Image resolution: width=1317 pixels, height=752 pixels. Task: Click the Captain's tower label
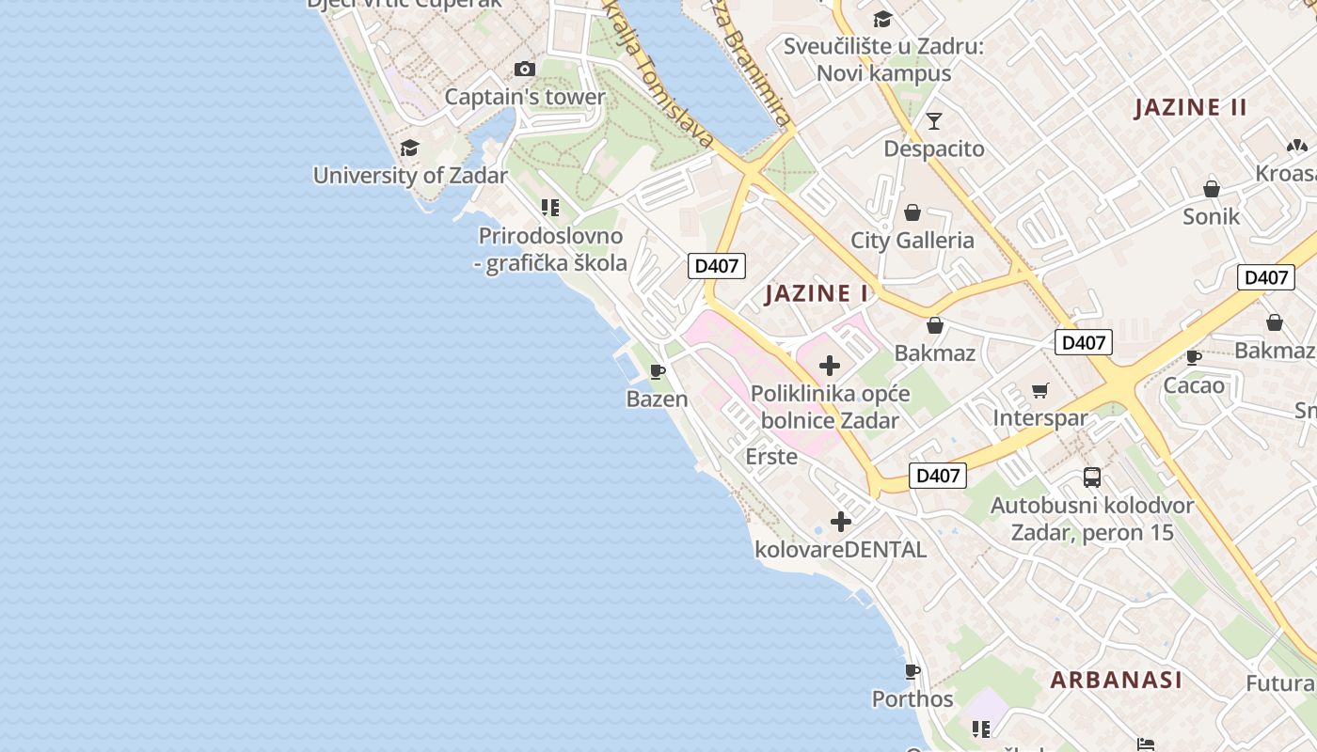point(525,97)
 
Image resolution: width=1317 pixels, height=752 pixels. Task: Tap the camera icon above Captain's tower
point(525,69)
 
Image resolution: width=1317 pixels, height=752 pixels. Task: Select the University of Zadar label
point(410,175)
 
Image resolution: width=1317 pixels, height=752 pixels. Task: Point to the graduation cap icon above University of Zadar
point(409,148)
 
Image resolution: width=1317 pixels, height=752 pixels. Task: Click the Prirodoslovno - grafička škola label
point(551,249)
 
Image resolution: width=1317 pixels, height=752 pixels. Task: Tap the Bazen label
point(658,399)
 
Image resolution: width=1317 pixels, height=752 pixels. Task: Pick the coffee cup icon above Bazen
point(658,371)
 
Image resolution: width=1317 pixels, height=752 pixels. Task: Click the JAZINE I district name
point(817,293)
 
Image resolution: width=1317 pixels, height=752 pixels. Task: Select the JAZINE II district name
point(1191,107)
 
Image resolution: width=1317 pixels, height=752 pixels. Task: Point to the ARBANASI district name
point(1116,680)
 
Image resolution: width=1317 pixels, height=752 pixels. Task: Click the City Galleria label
point(912,240)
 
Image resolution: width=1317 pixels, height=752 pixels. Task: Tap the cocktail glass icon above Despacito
point(934,120)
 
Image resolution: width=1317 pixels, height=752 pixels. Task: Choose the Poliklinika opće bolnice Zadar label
point(830,406)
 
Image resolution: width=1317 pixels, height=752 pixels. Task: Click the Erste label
point(771,457)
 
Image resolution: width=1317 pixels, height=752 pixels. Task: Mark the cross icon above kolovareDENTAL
point(841,522)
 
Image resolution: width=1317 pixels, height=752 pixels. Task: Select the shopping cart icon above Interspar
point(1040,390)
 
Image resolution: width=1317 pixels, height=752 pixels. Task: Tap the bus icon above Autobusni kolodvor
point(1091,478)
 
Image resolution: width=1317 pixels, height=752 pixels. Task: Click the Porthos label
point(912,699)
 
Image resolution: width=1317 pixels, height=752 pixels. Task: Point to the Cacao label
point(1194,385)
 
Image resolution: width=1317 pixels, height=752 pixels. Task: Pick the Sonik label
point(1212,216)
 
